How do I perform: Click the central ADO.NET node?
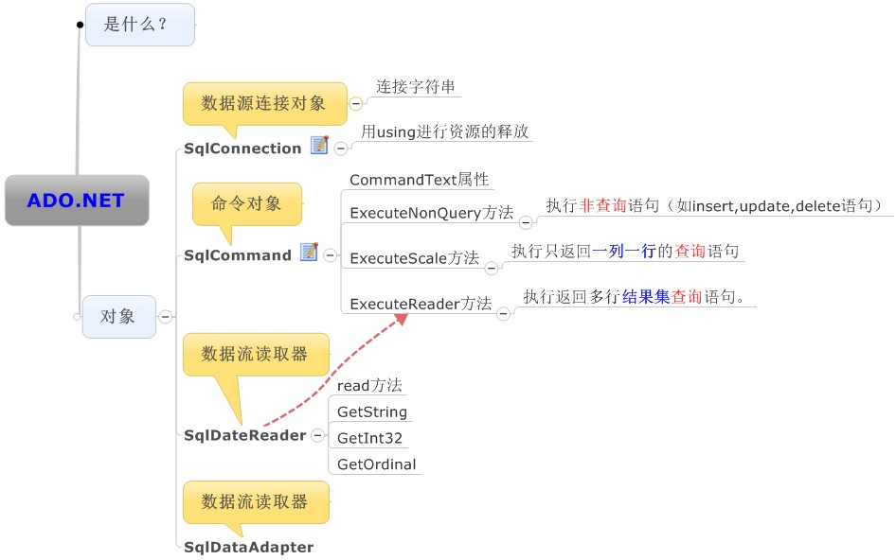pos(76,200)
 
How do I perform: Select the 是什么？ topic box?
pos(139,25)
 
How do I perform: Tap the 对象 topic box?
pos(118,316)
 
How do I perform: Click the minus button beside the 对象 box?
pos(165,317)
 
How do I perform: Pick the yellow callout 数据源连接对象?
pos(263,103)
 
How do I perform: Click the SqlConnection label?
pos(242,149)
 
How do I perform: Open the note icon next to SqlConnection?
pos(319,146)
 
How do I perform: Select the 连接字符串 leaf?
pos(416,86)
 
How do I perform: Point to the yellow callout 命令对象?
pos(246,203)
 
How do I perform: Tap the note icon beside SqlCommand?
pos(309,252)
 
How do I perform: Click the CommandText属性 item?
pos(419,180)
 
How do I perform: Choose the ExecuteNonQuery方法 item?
pos(431,213)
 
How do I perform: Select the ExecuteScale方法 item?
pos(414,258)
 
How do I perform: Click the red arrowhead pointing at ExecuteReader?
pos(402,319)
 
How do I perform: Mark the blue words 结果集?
pos(646,297)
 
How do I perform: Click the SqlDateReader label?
pos(244,435)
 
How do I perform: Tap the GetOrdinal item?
pos(376,464)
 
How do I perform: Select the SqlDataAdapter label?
pos(248,547)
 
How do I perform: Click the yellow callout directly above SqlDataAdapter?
pos(256,502)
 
